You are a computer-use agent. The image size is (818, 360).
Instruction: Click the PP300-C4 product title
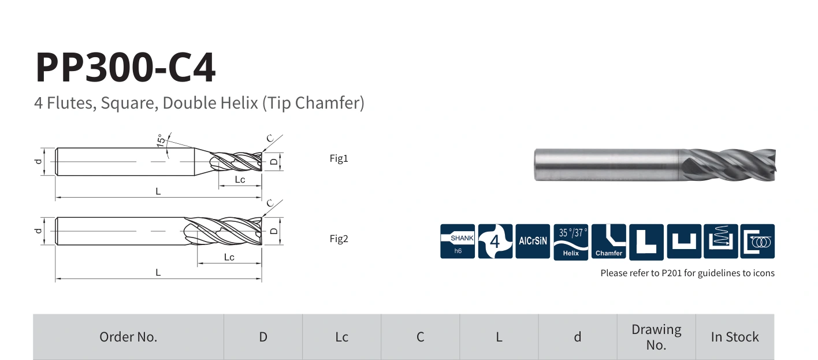tap(125, 68)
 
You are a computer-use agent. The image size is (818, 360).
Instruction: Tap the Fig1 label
tap(339, 158)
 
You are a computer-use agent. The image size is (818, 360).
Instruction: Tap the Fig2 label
tap(339, 239)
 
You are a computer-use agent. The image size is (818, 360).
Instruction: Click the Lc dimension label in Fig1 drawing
tap(240, 179)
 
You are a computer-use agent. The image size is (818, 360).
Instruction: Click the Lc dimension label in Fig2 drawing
tap(229, 257)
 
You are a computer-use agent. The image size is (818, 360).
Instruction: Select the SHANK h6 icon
tap(458, 242)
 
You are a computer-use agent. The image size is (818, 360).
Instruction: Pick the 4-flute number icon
tap(495, 242)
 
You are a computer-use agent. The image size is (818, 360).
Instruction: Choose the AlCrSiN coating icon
tap(533, 242)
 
